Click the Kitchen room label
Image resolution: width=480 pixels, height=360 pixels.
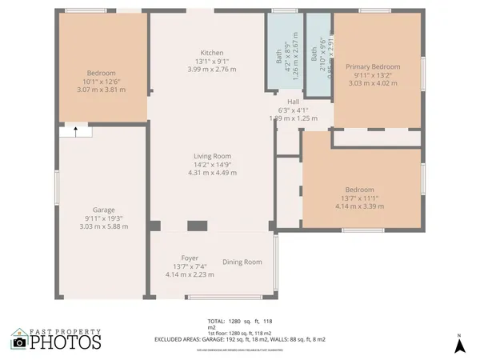click(x=212, y=53)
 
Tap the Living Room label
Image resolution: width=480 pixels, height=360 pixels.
click(x=212, y=156)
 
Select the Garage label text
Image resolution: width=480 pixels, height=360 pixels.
click(x=103, y=210)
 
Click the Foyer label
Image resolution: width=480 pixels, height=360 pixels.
click(x=190, y=258)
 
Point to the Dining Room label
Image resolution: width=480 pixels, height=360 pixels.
click(x=242, y=262)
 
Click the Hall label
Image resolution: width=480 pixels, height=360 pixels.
click(x=293, y=102)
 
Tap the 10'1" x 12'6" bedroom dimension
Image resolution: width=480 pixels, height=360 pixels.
click(x=102, y=81)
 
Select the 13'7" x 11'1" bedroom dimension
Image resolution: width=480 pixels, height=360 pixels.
click(x=360, y=198)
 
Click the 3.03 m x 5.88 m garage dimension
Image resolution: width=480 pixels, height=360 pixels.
click(x=103, y=226)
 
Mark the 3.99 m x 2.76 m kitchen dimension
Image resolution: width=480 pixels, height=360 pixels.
click(x=212, y=70)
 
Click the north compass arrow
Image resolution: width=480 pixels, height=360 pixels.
click(x=459, y=346)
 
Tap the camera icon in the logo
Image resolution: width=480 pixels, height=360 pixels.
click(x=19, y=342)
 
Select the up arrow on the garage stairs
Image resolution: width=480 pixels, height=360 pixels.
click(x=76, y=133)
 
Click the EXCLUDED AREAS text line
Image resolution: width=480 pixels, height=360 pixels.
click(x=240, y=339)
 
